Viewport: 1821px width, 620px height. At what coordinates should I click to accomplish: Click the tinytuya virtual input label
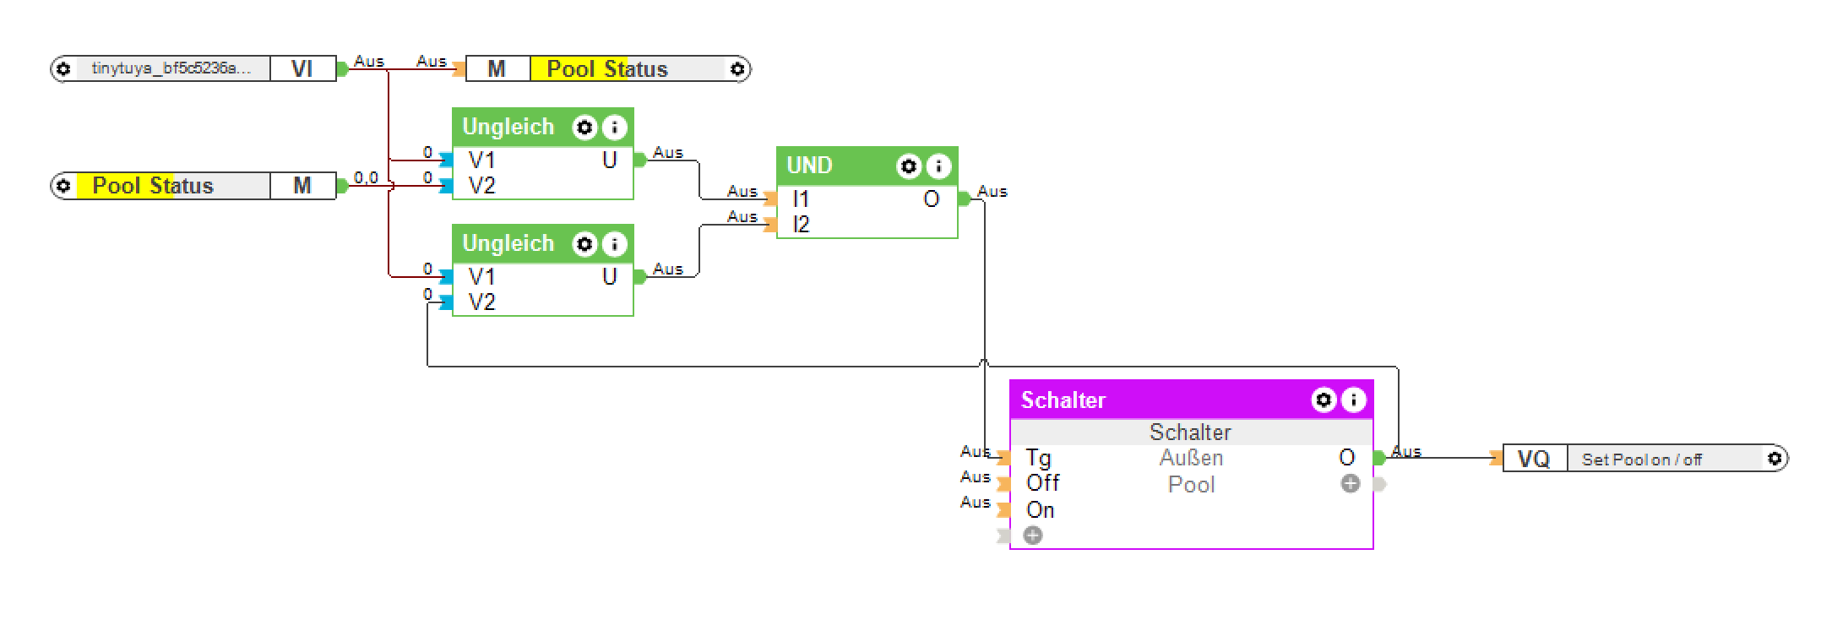pyautogui.click(x=171, y=68)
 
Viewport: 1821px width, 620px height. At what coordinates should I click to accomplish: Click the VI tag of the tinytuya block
pyautogui.click(x=302, y=68)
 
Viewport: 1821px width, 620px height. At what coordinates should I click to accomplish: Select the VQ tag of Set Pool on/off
pyautogui.click(x=1534, y=459)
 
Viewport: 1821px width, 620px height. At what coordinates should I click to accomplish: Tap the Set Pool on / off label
pyautogui.click(x=1641, y=460)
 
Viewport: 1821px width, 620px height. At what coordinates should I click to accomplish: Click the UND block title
pyautogui.click(x=809, y=166)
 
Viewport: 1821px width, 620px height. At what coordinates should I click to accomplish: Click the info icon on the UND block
pyautogui.click(x=938, y=166)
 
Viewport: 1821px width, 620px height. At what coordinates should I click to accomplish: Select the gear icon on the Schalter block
pyautogui.click(x=1324, y=400)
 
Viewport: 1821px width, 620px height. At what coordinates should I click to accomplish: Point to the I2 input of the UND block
pyautogui.click(x=801, y=225)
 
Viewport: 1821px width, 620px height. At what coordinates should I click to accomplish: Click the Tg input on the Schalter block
pyautogui.click(x=1038, y=458)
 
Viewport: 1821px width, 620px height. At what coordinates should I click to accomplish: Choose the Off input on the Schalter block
pyautogui.click(x=1042, y=483)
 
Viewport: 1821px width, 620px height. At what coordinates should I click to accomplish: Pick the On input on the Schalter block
pyautogui.click(x=1040, y=510)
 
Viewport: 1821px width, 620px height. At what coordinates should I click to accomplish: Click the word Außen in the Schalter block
pyautogui.click(x=1191, y=458)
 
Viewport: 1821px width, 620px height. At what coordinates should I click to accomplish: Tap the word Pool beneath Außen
pyautogui.click(x=1191, y=485)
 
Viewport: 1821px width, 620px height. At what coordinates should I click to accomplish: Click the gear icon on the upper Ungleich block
pyautogui.click(x=584, y=128)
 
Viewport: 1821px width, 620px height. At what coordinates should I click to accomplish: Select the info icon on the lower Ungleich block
pyautogui.click(x=615, y=244)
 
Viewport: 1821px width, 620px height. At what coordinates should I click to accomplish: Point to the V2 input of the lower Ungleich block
pyautogui.click(x=481, y=302)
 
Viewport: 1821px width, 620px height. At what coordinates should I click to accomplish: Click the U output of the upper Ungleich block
pyautogui.click(x=609, y=160)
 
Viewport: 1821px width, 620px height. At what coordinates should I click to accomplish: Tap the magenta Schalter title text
pyautogui.click(x=1063, y=400)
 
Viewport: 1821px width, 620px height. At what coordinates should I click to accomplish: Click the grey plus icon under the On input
pyautogui.click(x=1033, y=536)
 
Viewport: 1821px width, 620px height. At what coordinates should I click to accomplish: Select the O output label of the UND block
pyautogui.click(x=931, y=199)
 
